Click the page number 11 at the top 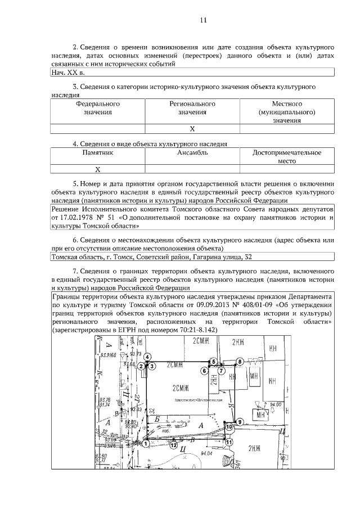204,21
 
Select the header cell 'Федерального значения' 98,108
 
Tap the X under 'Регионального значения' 192,129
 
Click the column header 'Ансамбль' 192,152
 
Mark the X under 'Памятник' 98,169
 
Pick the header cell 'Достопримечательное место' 287,156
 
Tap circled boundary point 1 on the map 146,444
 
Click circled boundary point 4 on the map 147,357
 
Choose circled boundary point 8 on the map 240,361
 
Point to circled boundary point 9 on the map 240,421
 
